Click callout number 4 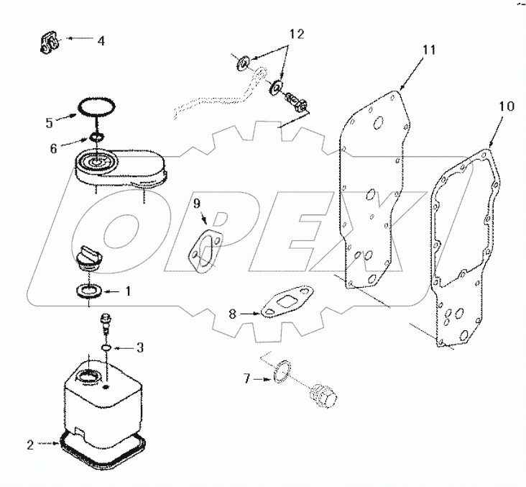click(x=101, y=41)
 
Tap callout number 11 click(x=429, y=50)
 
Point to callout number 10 click(x=506, y=106)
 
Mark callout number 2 click(x=29, y=445)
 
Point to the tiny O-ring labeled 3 click(x=106, y=348)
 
